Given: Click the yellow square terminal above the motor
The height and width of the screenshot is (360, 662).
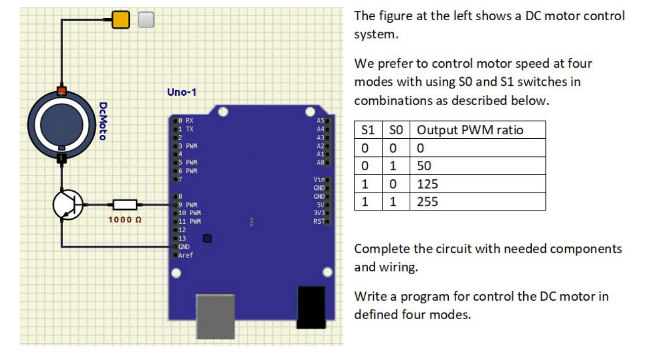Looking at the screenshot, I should pyautogui.click(x=120, y=20).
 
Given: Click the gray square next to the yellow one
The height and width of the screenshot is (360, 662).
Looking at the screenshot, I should pyautogui.click(x=146, y=20).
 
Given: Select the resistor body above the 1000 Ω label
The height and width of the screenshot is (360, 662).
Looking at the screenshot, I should pyautogui.click(x=125, y=204).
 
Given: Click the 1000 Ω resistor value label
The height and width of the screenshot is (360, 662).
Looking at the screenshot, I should pyautogui.click(x=125, y=219).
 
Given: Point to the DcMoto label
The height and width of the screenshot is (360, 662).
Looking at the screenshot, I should pyautogui.click(x=103, y=121).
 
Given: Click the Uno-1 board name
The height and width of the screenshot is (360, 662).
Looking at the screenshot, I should pyautogui.click(x=182, y=92).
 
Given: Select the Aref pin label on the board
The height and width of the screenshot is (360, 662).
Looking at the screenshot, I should pyautogui.click(x=186, y=255).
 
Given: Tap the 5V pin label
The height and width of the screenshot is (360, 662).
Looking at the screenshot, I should pyautogui.click(x=319, y=204).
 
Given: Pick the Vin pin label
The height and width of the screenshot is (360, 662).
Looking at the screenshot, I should pyautogui.click(x=318, y=180).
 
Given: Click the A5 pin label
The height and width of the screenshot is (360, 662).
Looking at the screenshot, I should pyautogui.click(x=320, y=120).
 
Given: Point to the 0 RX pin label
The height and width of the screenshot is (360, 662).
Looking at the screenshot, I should pyautogui.click(x=186, y=120).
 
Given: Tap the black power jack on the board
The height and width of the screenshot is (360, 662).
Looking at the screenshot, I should pyautogui.click(x=311, y=307).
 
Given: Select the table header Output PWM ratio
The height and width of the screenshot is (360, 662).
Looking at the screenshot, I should pyautogui.click(x=469, y=130).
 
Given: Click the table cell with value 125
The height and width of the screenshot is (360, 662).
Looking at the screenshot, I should pyautogui.click(x=428, y=184).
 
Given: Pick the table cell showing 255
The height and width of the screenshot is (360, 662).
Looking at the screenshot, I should pyautogui.click(x=428, y=201).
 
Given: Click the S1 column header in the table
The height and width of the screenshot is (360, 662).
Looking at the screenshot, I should pyautogui.click(x=368, y=130).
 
